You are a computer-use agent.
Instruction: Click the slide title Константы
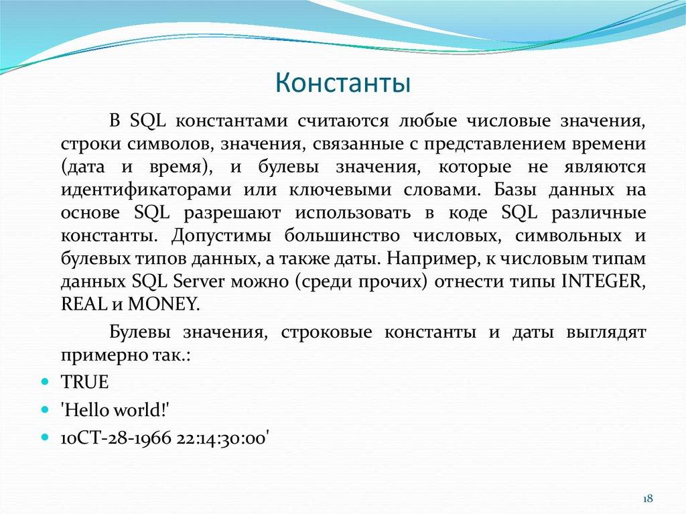[342, 84]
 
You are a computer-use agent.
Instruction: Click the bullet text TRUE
[84, 382]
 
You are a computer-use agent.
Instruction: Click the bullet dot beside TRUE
[45, 383]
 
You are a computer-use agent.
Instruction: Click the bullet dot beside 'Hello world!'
[45, 409]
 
